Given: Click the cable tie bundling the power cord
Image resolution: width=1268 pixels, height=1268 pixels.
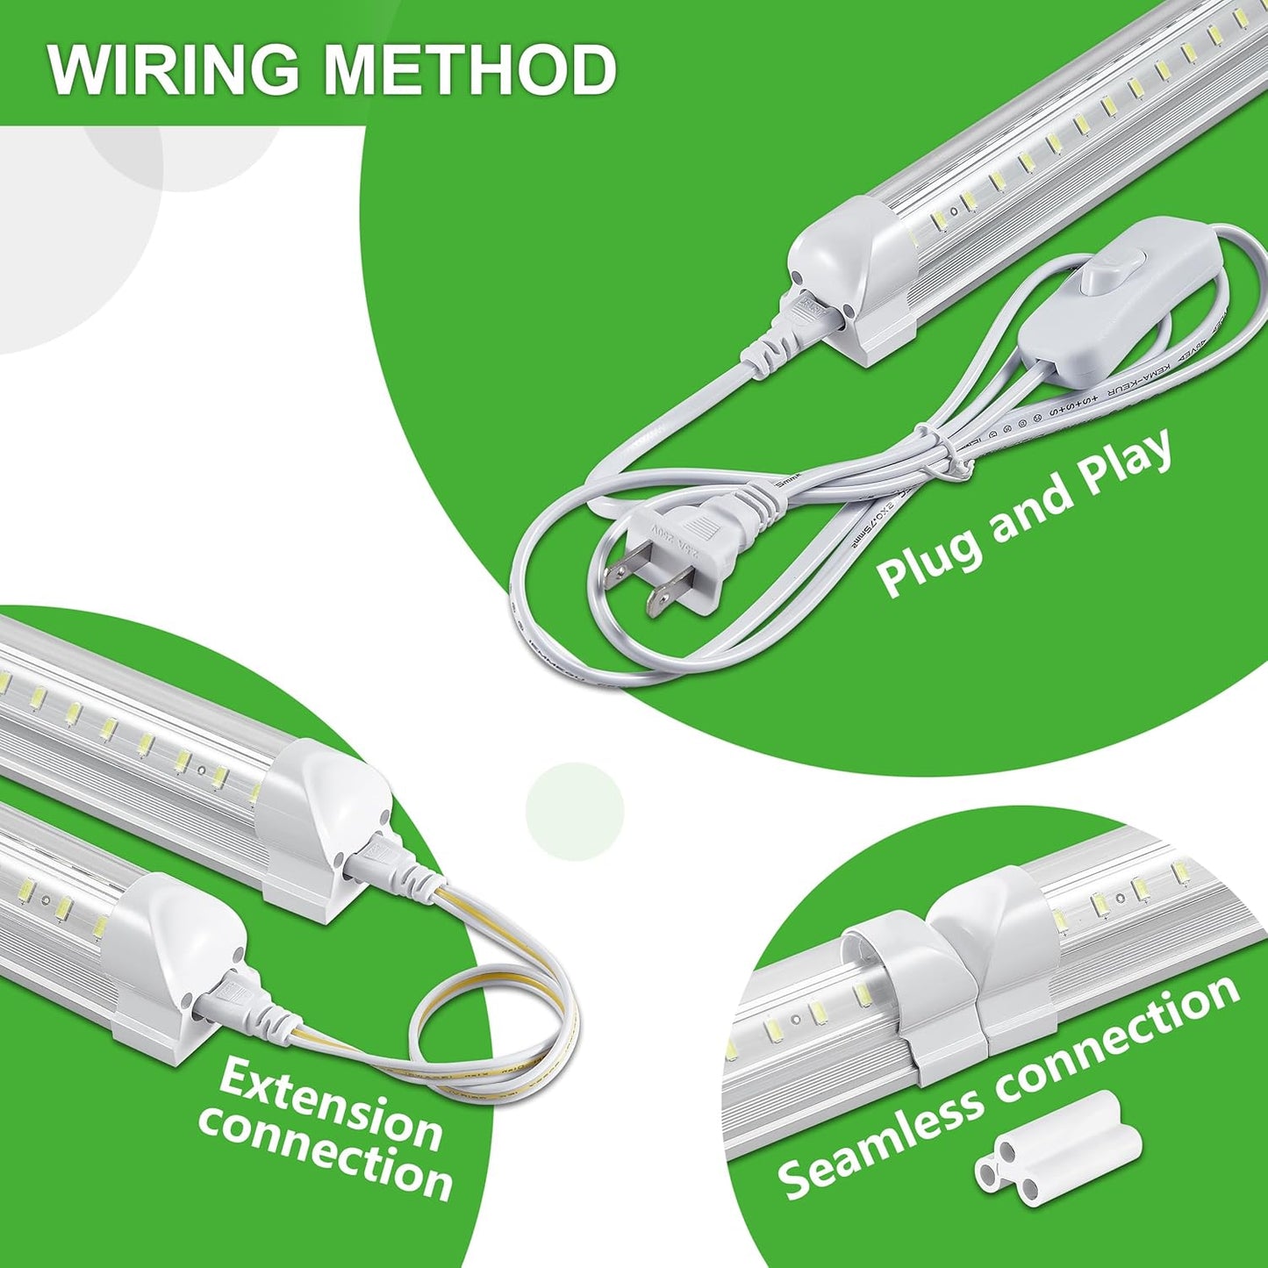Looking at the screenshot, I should [x=943, y=455].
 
